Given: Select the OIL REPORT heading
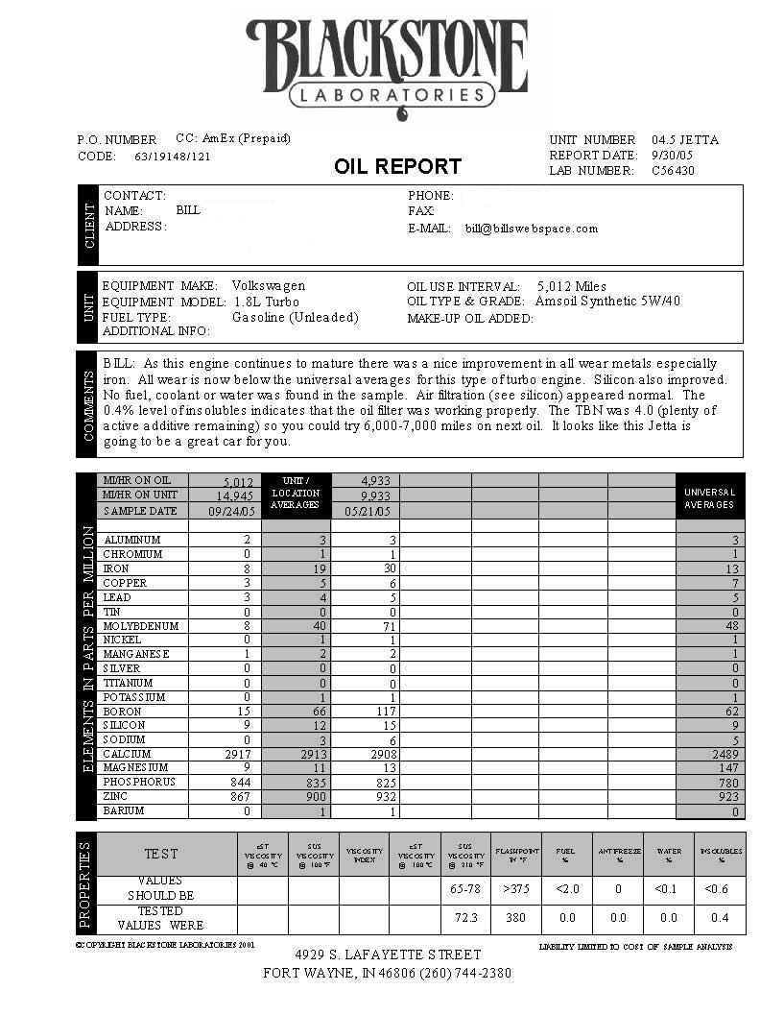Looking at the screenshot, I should click(x=397, y=166).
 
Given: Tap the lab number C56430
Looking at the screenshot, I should click(x=673, y=171).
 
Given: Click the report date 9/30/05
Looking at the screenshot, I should click(x=672, y=156).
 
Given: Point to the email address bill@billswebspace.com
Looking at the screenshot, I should click(x=532, y=229).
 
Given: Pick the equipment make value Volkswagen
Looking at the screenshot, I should click(x=269, y=286).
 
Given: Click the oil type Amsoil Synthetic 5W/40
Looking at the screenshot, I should click(x=607, y=302).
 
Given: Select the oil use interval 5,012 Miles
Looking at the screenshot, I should click(x=572, y=286).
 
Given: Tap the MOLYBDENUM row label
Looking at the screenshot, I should click(x=141, y=626).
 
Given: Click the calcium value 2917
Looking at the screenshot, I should click(x=234, y=755).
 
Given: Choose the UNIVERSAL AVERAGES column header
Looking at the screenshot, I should click(x=709, y=497).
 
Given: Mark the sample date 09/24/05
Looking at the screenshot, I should click(x=227, y=512).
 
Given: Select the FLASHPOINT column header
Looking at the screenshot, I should click(x=517, y=855).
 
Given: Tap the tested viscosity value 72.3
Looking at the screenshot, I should click(x=466, y=919).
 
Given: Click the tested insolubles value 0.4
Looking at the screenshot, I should click(x=721, y=919).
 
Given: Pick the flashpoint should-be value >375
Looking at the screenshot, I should click(x=517, y=889).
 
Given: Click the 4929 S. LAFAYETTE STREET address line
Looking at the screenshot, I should click(x=388, y=955).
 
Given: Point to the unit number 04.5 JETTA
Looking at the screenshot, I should click(x=685, y=140).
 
